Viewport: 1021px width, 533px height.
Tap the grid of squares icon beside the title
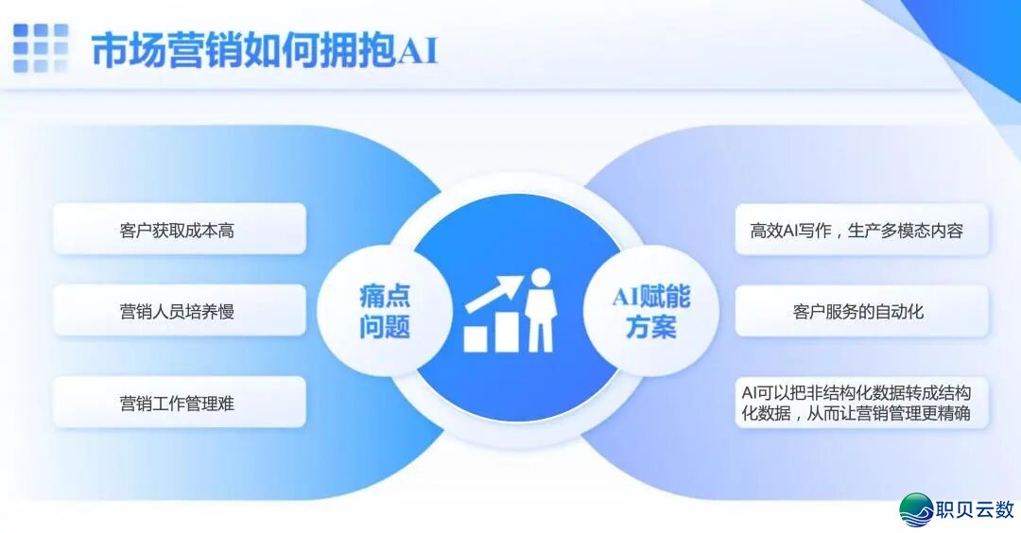pos(40,48)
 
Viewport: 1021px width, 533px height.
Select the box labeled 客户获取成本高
pos(179,230)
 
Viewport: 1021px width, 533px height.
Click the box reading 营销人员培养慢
pos(179,310)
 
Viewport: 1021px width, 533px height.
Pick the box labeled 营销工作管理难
pos(179,403)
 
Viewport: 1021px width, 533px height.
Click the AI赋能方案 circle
pos(650,311)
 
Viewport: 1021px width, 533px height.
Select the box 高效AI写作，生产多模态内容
pos(861,230)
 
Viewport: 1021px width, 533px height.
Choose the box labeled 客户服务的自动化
pos(861,310)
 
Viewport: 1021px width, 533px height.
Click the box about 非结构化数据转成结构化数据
pos(861,403)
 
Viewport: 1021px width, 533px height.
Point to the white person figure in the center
pos(540,312)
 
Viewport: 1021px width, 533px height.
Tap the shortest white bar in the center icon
pos(475,338)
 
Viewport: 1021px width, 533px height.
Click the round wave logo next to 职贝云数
pos(916,509)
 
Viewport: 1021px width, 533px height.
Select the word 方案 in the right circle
pos(650,328)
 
